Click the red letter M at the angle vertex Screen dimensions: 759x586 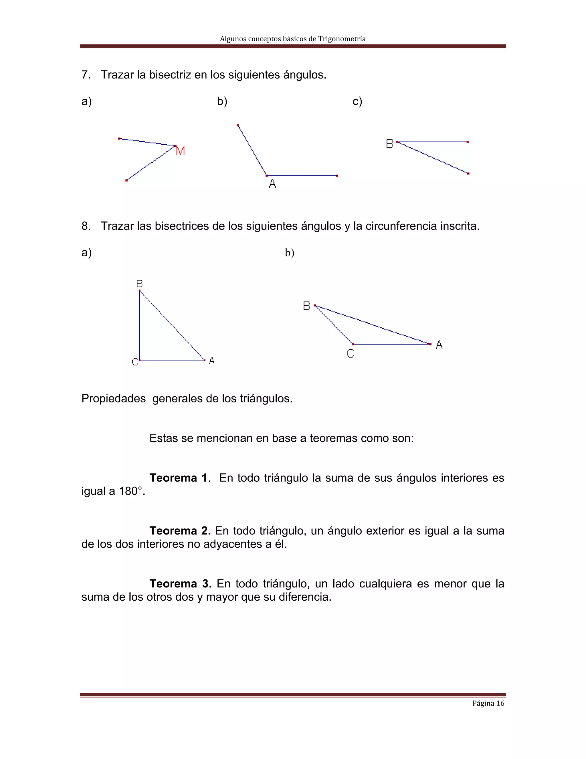point(181,151)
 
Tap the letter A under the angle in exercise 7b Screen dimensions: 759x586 point(272,184)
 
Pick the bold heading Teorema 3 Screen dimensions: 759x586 point(179,583)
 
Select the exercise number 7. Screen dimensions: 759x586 point(85,75)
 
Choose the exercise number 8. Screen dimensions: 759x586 point(85,226)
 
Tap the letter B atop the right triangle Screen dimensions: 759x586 point(140,284)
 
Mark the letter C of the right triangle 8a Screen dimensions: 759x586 point(135,362)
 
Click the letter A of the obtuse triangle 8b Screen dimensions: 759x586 point(439,345)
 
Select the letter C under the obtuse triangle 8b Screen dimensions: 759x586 point(350,353)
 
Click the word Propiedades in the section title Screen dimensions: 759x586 point(114,398)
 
